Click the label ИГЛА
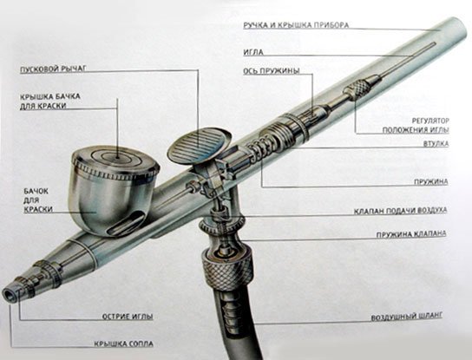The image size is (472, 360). point(253,52)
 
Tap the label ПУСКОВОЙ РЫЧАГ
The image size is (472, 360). point(53,69)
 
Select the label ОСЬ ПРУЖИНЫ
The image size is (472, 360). point(272,71)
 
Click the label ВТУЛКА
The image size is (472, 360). point(436,144)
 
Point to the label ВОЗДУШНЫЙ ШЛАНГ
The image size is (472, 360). point(406,317)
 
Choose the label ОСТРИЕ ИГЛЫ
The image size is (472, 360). point(128,317)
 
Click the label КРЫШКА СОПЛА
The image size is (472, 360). point(123,344)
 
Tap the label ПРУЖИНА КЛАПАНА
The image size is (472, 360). point(411,234)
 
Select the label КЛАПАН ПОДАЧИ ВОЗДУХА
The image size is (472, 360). point(400,211)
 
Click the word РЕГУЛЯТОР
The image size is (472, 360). point(430,121)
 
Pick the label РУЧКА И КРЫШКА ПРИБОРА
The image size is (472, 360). point(296,25)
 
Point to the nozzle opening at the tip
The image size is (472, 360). point(7,294)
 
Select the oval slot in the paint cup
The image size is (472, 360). point(127,223)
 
